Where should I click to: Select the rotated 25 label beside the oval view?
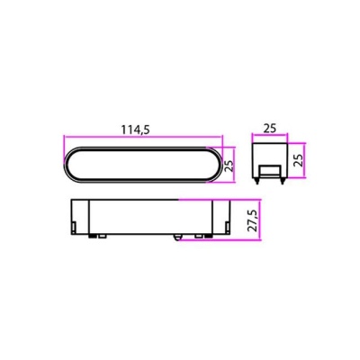tap(229, 165)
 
